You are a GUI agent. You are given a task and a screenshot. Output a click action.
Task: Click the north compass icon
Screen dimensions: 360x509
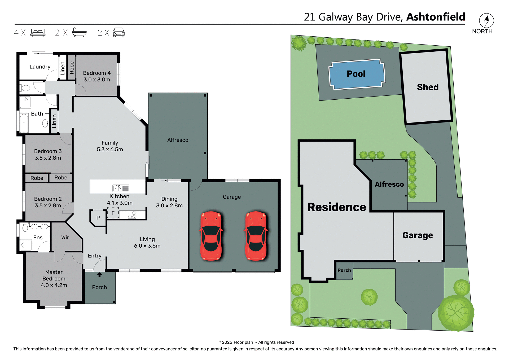tap(486, 20)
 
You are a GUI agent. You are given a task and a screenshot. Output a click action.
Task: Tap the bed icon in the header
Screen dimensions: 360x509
tap(38, 32)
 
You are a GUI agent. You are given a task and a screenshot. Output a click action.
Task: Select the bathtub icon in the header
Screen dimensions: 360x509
tap(79, 32)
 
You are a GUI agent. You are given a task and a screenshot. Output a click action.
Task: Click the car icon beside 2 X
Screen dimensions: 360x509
tap(119, 32)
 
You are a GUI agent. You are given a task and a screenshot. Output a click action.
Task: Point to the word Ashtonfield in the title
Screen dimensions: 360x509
tap(436, 17)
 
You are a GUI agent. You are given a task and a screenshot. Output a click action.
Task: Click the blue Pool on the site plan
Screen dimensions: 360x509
tap(356, 74)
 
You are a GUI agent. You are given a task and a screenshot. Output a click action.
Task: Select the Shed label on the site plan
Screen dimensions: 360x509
tap(428, 87)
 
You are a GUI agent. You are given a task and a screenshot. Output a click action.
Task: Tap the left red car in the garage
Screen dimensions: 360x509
tap(211, 236)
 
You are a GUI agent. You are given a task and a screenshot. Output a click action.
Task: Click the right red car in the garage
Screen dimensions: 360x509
tap(256, 236)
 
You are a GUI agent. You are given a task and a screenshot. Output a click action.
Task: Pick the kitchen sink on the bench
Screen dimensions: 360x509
tap(121, 188)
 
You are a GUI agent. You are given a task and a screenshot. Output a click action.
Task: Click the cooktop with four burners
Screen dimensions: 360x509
tap(132, 215)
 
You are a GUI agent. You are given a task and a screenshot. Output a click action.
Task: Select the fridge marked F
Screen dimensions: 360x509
tap(113, 213)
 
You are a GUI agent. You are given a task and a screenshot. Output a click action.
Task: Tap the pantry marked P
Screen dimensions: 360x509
tap(98, 218)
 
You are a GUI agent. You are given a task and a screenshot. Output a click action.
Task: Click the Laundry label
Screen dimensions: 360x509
tap(40, 67)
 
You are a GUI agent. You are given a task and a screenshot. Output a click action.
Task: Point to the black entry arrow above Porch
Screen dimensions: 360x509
tap(99, 275)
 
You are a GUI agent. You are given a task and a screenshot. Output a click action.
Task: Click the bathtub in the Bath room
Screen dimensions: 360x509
tap(24, 123)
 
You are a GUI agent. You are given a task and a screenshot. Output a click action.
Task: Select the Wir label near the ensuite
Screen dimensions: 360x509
tap(65, 238)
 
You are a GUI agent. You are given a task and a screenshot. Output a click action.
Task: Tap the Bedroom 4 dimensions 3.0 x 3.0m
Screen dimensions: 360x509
tap(97, 80)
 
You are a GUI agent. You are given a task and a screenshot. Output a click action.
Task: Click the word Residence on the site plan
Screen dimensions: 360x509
tap(337, 207)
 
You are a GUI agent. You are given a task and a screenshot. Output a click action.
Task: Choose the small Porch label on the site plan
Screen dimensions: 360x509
tap(344, 270)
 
